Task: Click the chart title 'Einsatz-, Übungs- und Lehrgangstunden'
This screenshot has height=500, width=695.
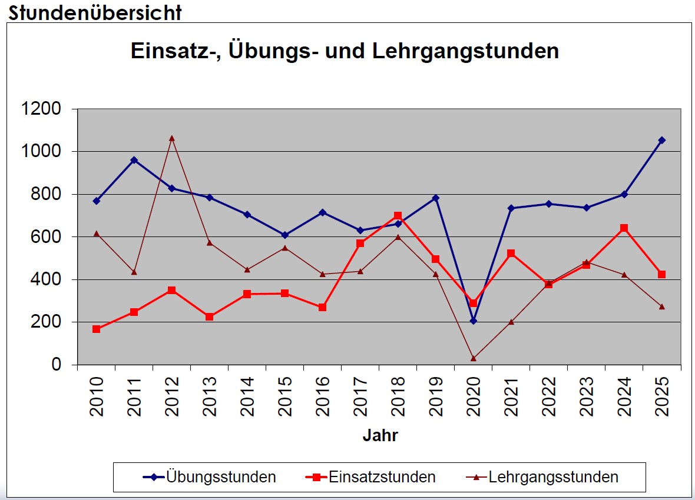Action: coord(345,51)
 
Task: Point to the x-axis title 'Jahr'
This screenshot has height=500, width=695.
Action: coord(380,436)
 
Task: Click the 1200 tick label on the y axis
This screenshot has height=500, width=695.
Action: coord(41,109)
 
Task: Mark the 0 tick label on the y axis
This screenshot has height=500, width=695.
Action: coord(57,365)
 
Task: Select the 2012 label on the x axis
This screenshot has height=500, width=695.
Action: coord(172,397)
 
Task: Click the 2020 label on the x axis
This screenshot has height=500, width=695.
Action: coord(474,397)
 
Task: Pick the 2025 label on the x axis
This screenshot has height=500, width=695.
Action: coord(662,397)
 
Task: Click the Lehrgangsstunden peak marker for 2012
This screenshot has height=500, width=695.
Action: coord(172,138)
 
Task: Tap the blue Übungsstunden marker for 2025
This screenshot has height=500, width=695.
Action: coord(662,140)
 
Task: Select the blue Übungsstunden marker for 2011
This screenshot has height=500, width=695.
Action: coord(134,160)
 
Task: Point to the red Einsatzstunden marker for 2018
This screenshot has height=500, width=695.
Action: coord(398,216)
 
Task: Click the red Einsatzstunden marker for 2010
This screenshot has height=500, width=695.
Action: coord(97,329)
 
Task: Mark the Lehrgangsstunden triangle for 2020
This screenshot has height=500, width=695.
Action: coord(474,358)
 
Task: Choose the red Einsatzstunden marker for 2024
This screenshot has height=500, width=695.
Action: coord(624,228)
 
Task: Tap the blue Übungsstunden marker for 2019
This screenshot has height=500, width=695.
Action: coord(436,198)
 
